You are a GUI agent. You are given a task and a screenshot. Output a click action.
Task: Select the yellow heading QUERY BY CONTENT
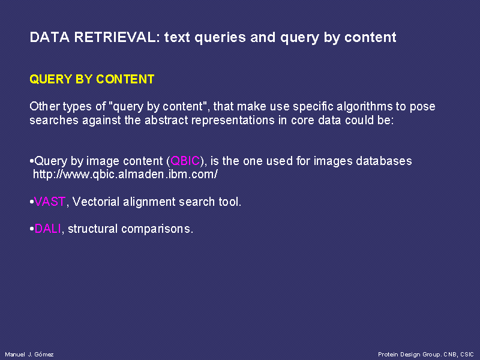click(x=92, y=79)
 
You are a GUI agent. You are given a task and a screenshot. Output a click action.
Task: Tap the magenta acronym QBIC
click(x=185, y=161)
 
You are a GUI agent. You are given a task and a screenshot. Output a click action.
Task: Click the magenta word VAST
click(x=50, y=202)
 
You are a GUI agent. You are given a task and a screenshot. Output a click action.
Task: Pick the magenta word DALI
click(x=48, y=229)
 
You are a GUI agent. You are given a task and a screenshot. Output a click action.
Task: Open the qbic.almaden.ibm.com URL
click(x=125, y=174)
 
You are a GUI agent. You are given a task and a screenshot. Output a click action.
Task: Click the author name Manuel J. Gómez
click(x=29, y=355)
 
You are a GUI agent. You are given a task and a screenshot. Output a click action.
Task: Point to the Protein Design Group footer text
click(x=426, y=355)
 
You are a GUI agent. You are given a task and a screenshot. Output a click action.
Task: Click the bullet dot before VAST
click(x=32, y=202)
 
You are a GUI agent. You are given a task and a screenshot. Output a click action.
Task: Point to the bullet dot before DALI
click(x=32, y=229)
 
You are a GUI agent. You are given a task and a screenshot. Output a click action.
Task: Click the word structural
click(x=93, y=229)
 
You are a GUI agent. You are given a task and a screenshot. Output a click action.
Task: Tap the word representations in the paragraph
click(x=233, y=120)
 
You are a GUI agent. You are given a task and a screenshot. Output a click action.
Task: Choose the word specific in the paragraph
click(x=313, y=107)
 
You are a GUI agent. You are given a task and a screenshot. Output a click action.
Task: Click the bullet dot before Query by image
click(x=32, y=161)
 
